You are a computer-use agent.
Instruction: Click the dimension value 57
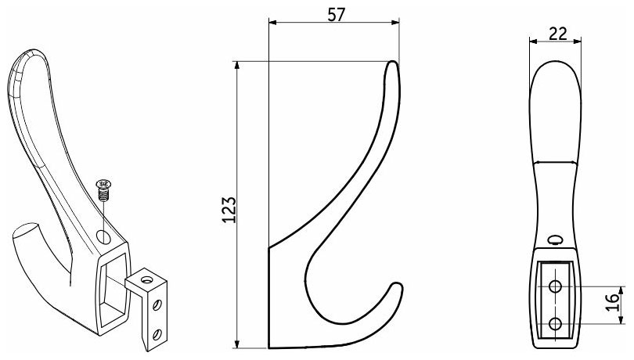point(336,15)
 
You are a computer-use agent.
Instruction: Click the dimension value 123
point(229,210)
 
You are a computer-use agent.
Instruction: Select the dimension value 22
point(558,34)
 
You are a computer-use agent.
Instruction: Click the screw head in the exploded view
point(104,185)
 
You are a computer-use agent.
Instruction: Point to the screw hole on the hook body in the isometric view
point(103,236)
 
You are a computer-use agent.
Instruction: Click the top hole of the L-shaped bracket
point(146,279)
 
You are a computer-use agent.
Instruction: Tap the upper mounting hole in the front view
point(555,286)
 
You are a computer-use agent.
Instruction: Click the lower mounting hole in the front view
point(555,323)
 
